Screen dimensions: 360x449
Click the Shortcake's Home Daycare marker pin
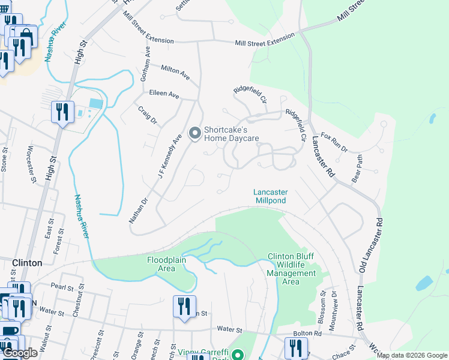[194, 133]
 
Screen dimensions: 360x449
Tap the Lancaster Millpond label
[271, 196]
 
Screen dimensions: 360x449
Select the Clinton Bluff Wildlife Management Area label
[291, 269]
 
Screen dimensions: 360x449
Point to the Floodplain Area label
[167, 264]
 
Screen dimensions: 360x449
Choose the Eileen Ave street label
[164, 95]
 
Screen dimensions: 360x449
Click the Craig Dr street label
[147, 116]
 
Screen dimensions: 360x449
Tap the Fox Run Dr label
[334, 142]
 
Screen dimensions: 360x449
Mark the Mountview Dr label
[334, 306]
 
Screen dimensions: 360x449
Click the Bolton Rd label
[307, 333]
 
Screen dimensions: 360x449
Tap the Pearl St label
[62, 286]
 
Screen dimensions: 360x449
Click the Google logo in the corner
[20, 353]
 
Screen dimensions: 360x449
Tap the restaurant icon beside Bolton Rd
[295, 348]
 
